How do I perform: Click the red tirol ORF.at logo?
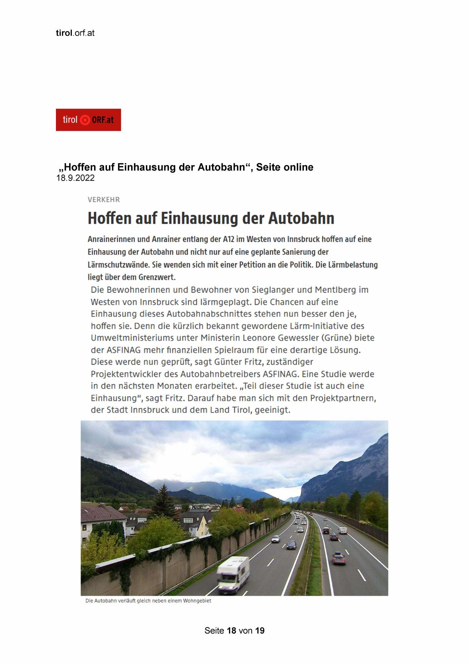[88, 120]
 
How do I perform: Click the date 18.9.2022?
[75, 178]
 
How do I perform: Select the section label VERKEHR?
[104, 200]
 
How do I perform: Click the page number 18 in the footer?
[232, 630]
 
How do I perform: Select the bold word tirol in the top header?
[64, 33]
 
